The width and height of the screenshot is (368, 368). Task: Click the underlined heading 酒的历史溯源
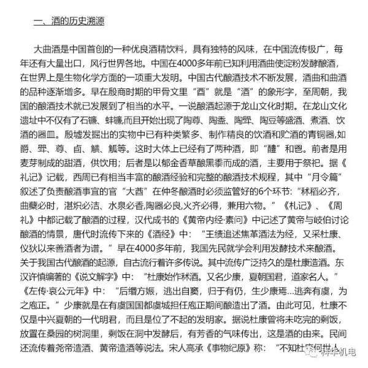(x=68, y=22)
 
